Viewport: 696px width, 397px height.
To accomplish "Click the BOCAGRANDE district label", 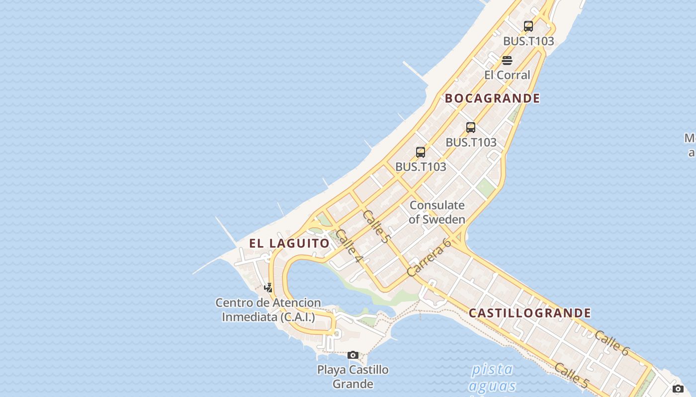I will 492,98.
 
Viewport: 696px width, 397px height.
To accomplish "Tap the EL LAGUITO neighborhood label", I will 289,243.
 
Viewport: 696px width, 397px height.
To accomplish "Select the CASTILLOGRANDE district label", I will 530,313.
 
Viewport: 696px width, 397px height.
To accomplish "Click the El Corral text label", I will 507,75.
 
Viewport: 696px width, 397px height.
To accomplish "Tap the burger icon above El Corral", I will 507,61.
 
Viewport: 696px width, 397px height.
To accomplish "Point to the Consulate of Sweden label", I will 437,212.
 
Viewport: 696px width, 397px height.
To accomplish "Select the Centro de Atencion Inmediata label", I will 268,310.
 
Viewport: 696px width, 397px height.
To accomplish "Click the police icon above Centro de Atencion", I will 268,287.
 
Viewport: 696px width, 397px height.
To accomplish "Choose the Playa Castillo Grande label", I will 353,377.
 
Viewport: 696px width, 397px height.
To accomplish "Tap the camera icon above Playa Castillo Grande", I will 353,355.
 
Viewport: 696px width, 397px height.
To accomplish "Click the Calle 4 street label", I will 349,246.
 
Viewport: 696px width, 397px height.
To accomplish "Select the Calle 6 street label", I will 611,343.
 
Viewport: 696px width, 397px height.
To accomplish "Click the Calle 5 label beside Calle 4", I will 377,226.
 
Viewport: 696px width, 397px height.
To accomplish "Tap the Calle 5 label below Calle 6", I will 572,376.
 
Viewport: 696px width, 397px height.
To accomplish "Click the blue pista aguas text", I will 492,378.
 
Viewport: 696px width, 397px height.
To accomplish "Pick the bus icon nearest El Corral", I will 528,26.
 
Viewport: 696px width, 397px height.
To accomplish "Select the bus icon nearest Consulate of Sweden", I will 421,152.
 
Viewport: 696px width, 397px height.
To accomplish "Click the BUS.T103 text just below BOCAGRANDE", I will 471,142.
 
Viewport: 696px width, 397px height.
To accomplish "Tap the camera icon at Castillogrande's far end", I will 678,389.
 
